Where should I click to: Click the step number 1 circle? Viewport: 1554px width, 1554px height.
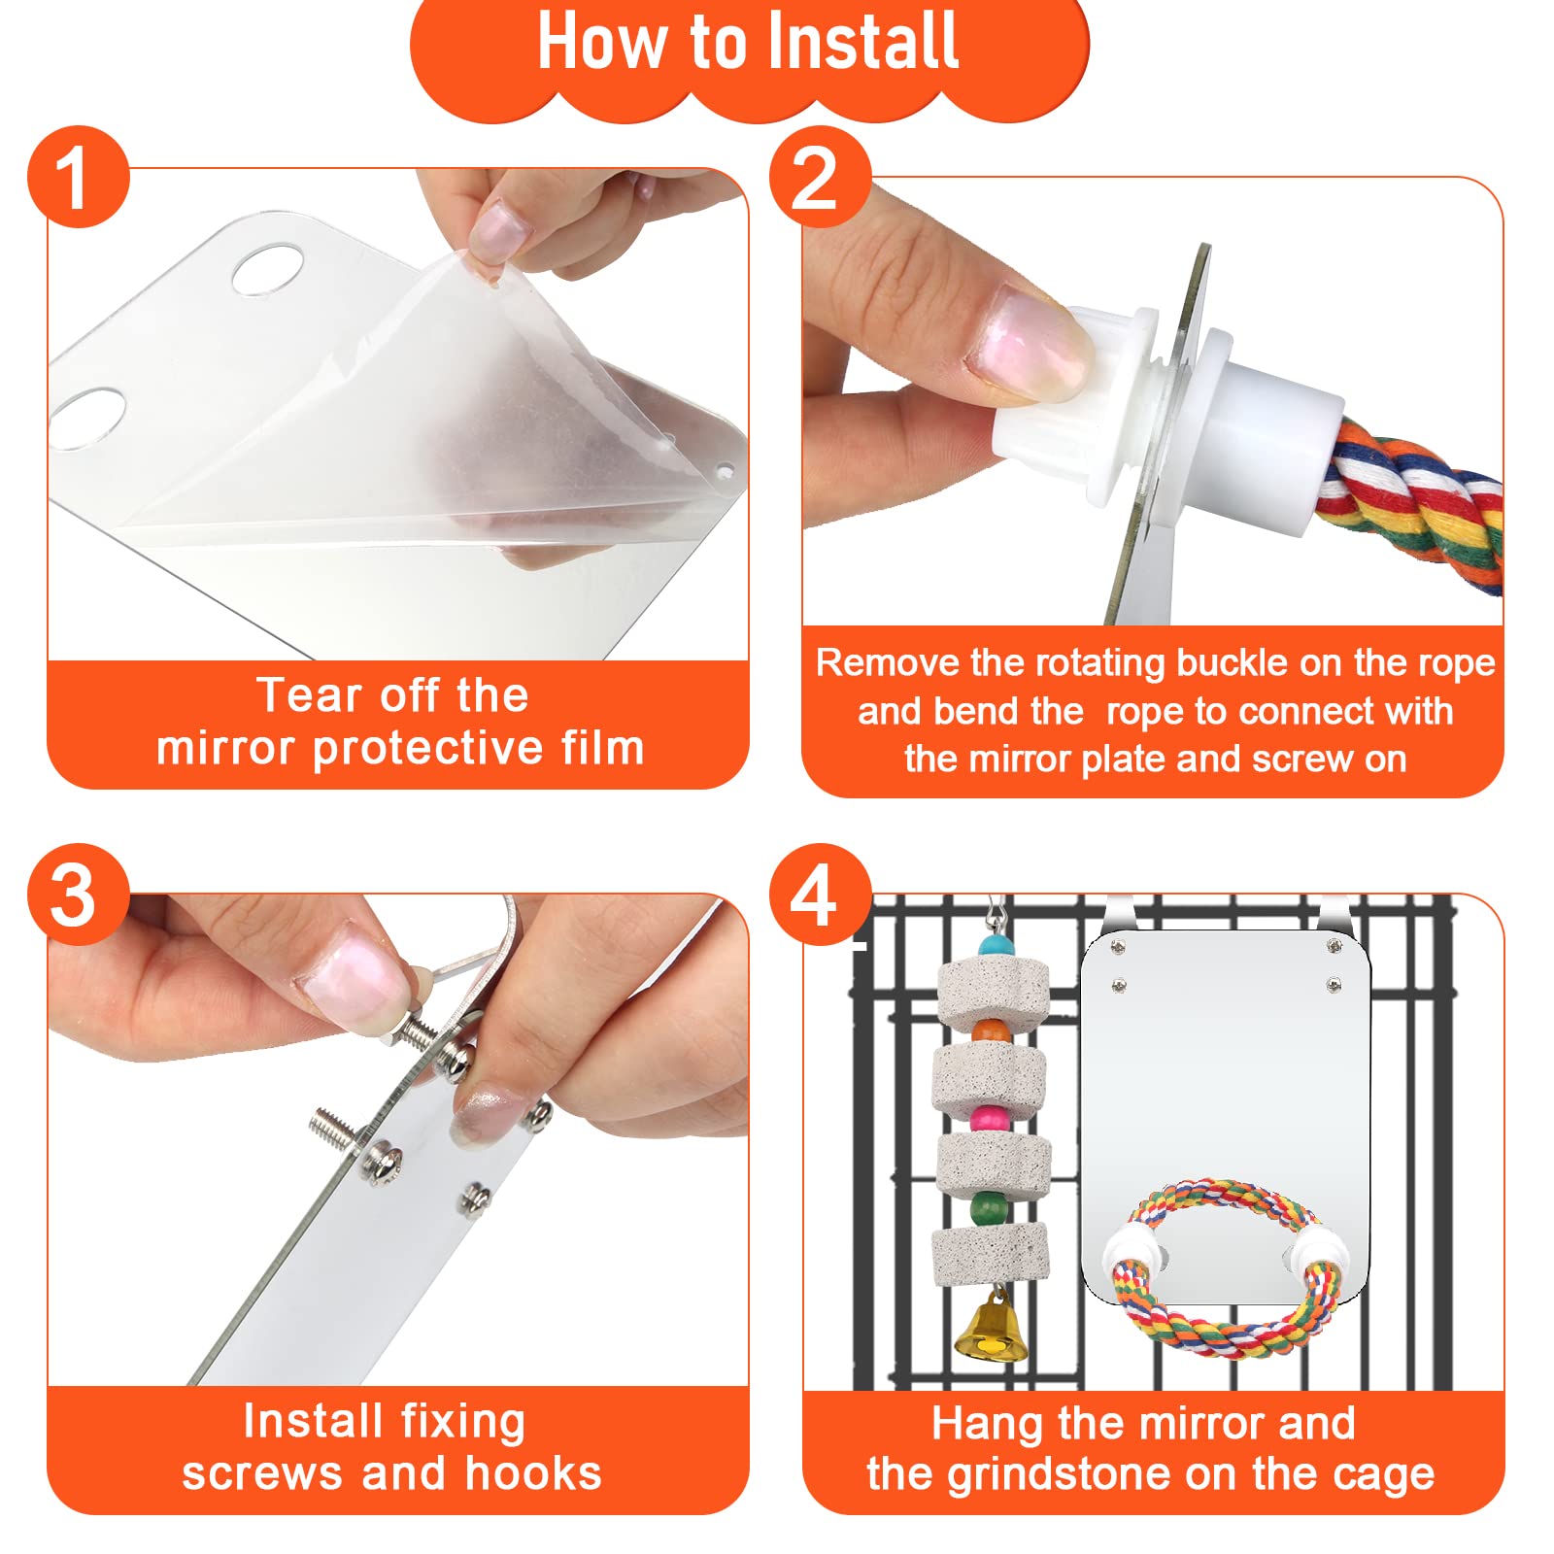tap(78, 177)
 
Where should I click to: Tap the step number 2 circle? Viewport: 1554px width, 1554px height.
tap(820, 177)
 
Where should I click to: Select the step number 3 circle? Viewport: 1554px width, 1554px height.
tap(78, 894)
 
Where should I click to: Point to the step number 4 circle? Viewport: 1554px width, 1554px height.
tap(820, 894)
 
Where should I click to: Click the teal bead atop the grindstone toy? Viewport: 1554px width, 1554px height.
tap(997, 945)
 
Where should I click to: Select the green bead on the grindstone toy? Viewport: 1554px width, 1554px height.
tap(989, 1209)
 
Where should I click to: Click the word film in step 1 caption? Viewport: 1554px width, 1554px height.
tap(602, 748)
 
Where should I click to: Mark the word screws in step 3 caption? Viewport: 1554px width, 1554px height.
tap(263, 1473)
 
